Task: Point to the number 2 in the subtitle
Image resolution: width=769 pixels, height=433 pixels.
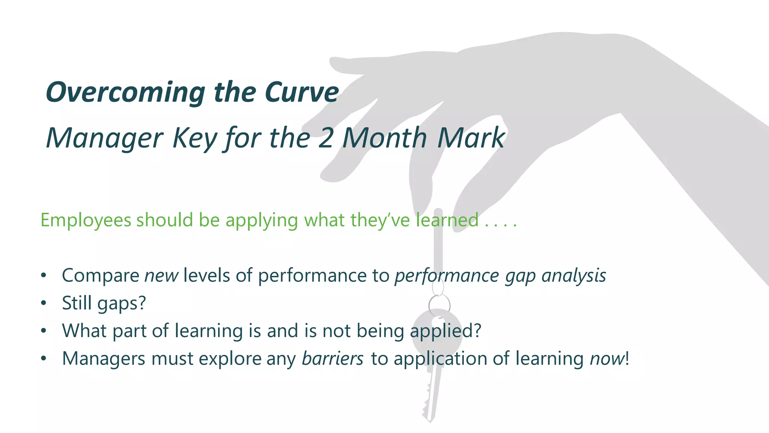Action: tap(326, 138)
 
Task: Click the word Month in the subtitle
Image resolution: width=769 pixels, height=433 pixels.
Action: tap(384, 138)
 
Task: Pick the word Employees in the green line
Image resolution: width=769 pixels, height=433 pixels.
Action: tap(86, 220)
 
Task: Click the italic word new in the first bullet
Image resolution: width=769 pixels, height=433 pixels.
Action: tap(161, 276)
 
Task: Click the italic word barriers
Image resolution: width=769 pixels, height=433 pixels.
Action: tap(333, 359)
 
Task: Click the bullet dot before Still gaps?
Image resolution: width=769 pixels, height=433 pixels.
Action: tap(44, 303)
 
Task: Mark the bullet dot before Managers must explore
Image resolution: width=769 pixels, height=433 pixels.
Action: tap(44, 358)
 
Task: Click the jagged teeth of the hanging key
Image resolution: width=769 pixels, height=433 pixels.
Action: tap(426, 404)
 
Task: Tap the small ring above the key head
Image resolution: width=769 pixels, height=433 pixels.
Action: tap(439, 304)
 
